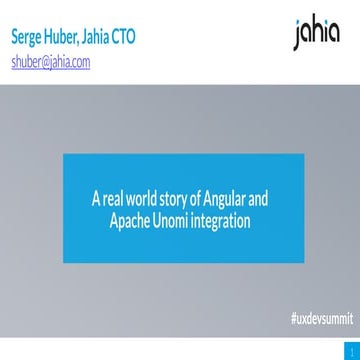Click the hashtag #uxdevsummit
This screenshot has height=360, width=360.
[x=316, y=319]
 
